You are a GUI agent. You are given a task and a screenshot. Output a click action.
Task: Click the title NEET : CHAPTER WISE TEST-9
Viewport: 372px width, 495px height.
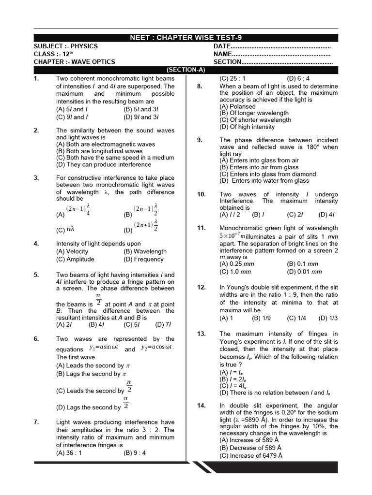tap(186, 38)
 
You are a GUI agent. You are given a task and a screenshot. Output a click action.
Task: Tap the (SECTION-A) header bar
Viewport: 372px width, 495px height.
tap(186, 70)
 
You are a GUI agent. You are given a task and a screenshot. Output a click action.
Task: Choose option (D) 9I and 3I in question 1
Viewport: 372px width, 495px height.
tap(141, 117)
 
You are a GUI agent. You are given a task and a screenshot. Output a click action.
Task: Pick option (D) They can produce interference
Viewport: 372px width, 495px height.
tap(104, 164)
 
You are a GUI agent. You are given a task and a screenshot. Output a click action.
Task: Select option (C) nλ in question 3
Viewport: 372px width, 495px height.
tap(65, 231)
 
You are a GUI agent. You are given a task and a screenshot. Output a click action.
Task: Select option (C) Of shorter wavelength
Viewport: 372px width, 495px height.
tap(254, 120)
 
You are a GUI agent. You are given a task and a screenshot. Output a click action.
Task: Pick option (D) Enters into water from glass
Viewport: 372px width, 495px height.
tap(264, 181)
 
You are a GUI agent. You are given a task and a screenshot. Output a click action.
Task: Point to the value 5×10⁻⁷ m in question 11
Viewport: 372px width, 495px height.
tap(232, 236)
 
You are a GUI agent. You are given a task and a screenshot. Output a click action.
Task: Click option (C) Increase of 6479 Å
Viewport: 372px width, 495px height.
tap(251, 456)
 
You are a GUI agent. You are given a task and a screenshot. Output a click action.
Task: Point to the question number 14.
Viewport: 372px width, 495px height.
tap(201, 406)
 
